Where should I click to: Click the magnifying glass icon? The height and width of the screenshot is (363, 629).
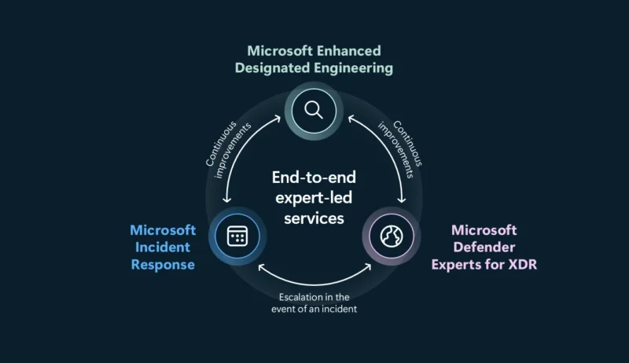[314, 110]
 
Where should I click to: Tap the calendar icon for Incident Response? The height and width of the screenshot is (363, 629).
[237, 236]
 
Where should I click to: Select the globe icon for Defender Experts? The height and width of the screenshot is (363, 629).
[391, 236]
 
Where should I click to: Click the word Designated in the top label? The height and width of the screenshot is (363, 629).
[270, 68]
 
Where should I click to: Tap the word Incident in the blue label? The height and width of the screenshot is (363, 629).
[163, 247]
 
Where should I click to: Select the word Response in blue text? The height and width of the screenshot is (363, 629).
[163, 264]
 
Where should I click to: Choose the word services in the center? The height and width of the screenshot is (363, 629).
[314, 218]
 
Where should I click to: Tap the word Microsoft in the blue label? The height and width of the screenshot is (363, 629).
[163, 229]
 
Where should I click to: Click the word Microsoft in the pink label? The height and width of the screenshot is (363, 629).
[484, 229]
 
